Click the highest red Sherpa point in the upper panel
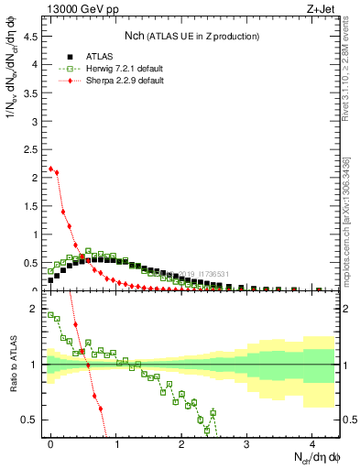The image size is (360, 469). coord(51,169)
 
